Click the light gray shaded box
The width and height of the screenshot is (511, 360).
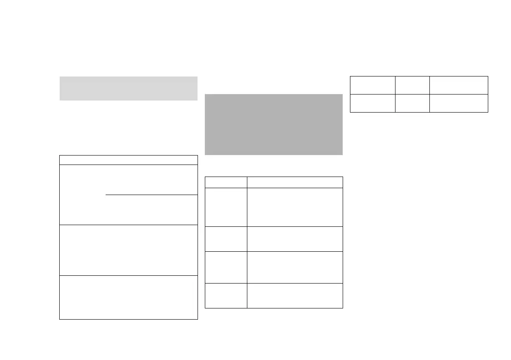128,88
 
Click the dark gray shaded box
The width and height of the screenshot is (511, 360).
274,125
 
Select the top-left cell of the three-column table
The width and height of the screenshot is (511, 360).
372,85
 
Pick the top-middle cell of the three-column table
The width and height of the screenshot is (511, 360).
412,85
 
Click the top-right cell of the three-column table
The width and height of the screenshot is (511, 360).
459,85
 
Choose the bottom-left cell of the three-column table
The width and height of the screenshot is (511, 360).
372,103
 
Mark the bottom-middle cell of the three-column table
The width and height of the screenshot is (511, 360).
412,103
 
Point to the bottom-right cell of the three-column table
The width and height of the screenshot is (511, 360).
459,103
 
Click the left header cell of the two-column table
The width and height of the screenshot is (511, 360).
226,182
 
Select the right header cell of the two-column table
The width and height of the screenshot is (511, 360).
295,182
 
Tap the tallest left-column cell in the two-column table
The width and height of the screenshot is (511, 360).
226,207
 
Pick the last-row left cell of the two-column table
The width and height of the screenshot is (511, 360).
226,296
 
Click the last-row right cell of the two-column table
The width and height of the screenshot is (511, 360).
295,296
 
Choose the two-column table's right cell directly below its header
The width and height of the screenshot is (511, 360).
295,207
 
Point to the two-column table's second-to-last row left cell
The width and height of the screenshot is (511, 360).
226,267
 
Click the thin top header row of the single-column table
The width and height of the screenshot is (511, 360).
128,160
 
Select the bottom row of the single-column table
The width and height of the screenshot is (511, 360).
128,297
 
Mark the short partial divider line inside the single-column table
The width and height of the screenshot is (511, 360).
151,195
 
